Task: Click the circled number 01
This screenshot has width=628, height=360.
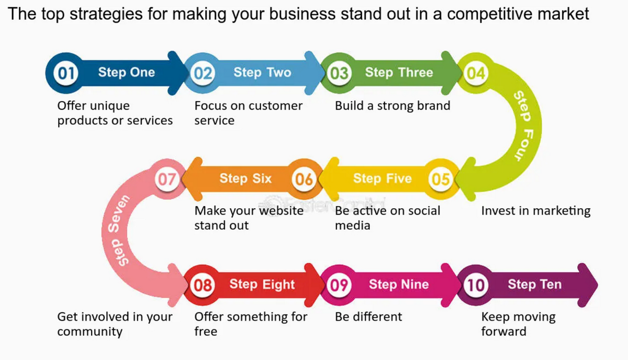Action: (x=66, y=73)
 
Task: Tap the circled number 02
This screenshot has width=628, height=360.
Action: (x=203, y=73)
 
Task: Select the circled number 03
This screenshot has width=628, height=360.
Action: (x=339, y=73)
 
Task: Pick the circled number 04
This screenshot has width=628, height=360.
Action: (x=476, y=73)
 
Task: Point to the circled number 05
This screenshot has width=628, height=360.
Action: (x=441, y=179)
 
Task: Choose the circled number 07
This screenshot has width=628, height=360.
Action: (x=167, y=179)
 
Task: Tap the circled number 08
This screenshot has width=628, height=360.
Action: (x=203, y=285)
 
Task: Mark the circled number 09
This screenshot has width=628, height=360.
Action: (x=339, y=285)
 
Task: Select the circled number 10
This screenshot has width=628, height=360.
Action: (x=476, y=285)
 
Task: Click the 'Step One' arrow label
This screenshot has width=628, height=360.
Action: (x=127, y=72)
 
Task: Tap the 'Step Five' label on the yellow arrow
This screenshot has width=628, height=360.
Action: (x=382, y=178)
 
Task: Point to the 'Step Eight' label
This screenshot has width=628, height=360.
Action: (x=262, y=284)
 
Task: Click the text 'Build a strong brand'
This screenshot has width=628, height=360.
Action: (x=392, y=106)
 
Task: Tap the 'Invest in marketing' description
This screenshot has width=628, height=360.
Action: (x=535, y=211)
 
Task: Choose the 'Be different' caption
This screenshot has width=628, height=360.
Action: (x=368, y=317)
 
